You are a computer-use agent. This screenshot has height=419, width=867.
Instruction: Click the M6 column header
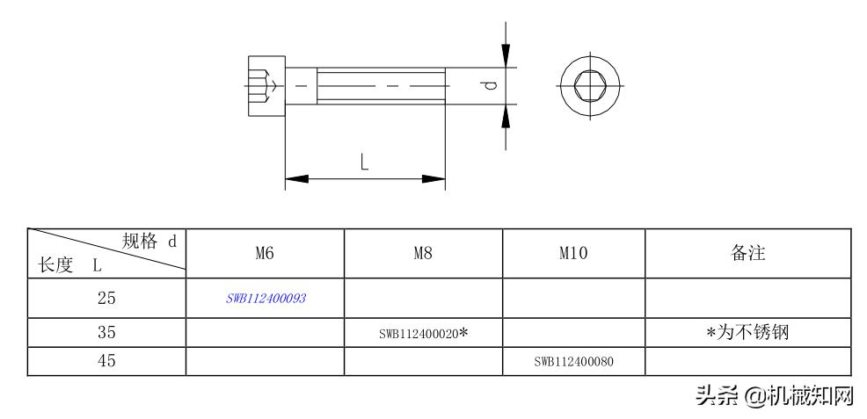265,253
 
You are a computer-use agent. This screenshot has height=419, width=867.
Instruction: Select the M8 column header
423,253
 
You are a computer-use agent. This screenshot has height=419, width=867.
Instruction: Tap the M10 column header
573,253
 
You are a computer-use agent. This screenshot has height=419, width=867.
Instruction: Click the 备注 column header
747,253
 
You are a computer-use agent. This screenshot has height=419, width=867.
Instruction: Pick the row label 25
106,298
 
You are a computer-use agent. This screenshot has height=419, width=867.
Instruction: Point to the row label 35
106,332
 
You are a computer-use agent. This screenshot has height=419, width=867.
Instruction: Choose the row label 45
106,361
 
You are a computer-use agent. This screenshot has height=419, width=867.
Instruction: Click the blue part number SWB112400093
266,299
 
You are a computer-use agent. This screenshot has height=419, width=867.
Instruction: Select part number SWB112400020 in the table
419,334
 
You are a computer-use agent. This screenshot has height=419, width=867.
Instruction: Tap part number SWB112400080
574,362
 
